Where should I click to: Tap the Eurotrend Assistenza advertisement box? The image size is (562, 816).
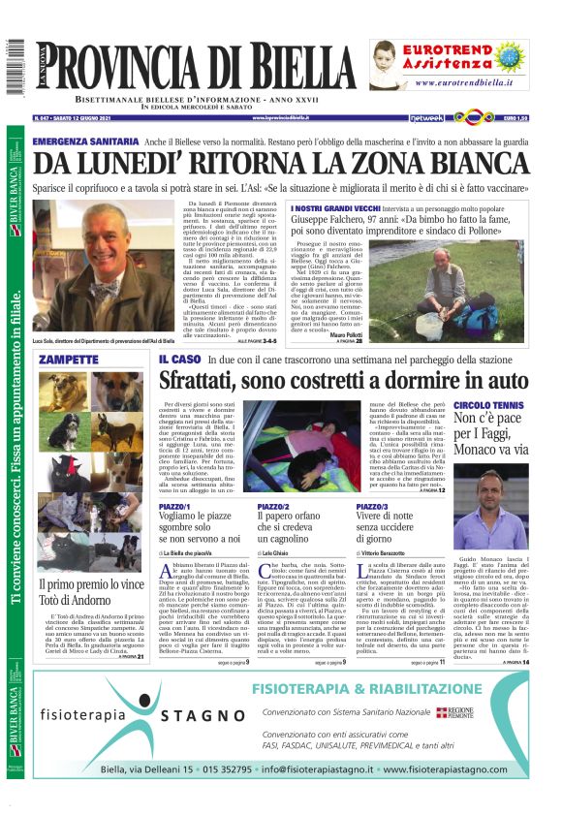(x=449, y=64)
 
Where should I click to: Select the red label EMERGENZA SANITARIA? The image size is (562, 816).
(x=83, y=141)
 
